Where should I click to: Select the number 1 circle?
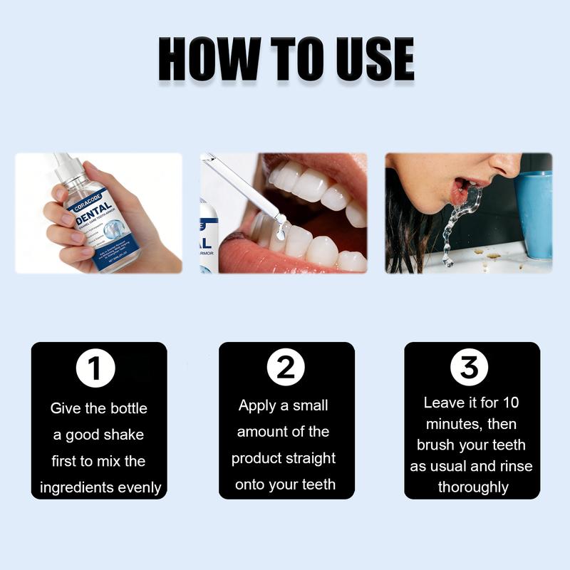tap(96, 368)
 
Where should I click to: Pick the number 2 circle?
tap(286, 368)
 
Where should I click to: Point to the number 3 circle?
tap(470, 368)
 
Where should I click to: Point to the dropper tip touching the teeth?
tap(281, 229)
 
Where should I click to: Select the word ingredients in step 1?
tap(77, 488)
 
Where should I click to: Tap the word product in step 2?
tap(259, 458)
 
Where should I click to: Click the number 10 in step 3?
tap(510, 403)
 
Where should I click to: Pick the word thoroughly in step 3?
tap(473, 488)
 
